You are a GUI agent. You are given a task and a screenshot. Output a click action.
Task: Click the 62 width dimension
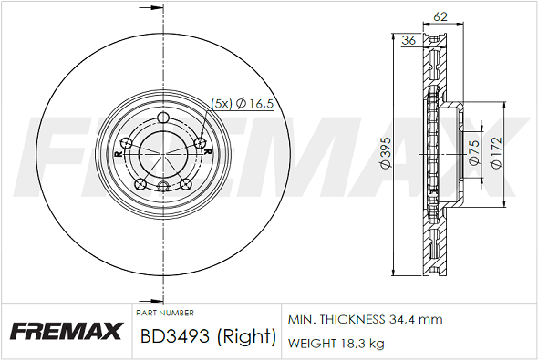point(440,16)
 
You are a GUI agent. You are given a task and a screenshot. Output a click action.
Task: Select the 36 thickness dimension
point(409,40)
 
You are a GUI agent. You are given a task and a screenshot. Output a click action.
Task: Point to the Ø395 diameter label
point(387,152)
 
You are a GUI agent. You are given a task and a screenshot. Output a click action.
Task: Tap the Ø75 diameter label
point(474,153)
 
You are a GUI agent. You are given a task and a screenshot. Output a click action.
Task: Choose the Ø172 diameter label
point(497,152)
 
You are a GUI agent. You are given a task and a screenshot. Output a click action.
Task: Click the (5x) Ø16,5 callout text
point(242,103)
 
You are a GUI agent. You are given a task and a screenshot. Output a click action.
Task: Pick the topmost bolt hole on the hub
point(162,118)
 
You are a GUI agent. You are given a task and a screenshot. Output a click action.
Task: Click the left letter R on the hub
point(119,154)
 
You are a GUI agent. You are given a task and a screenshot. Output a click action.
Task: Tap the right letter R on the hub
point(207,151)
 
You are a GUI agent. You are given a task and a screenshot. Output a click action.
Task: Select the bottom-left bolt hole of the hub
point(140,184)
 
